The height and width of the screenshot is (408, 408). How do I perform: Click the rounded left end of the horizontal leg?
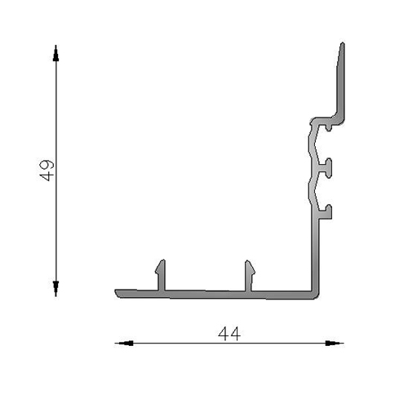pos(117,292)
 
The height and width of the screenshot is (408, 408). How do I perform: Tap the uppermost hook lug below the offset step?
pos(327,127)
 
